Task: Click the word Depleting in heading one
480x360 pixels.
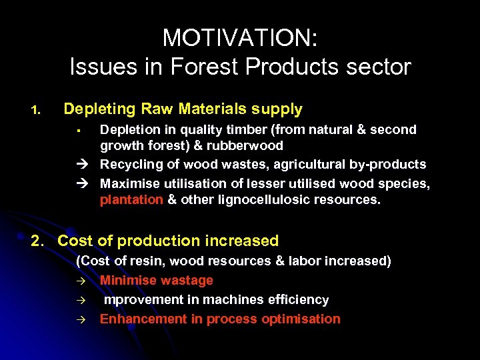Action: pyautogui.click(x=94, y=109)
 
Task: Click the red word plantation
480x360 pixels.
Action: pyautogui.click(x=131, y=199)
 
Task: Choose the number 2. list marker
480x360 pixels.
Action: pyautogui.click(x=40, y=241)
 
